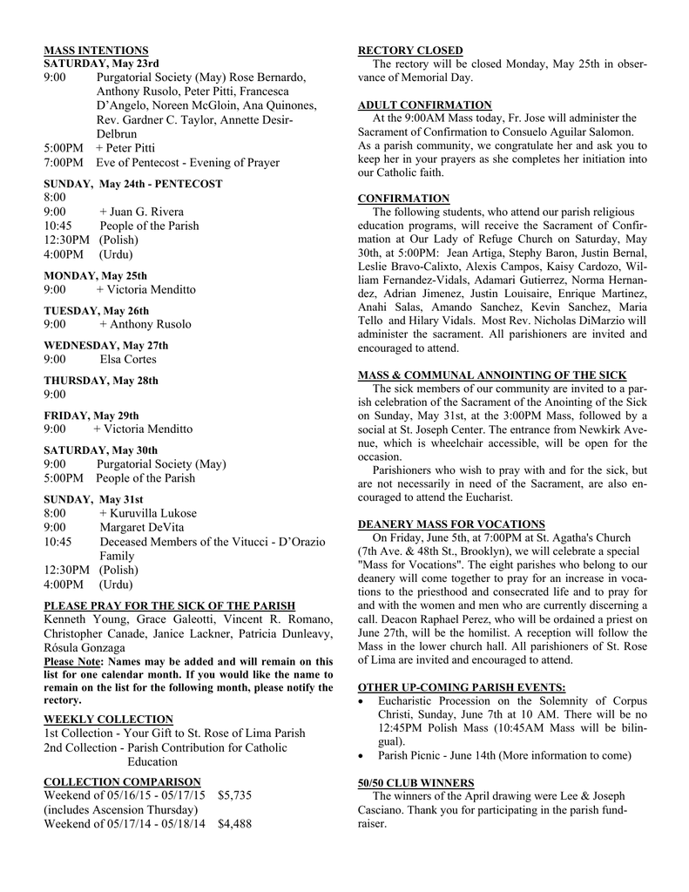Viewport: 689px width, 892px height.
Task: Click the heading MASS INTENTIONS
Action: [96, 51]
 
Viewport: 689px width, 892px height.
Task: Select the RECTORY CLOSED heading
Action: [410, 51]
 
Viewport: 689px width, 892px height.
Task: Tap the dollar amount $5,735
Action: [234, 795]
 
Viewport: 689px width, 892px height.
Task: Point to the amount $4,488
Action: [234, 823]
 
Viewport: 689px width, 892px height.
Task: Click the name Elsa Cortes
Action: [128, 359]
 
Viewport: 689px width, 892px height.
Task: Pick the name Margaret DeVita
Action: [142, 527]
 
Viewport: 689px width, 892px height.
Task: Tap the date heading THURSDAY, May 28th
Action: [101, 381]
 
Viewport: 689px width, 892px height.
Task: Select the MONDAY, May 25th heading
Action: [95, 275]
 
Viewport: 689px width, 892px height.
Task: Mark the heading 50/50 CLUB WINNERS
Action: [416, 782]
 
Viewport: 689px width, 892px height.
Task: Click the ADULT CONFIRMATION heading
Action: [425, 105]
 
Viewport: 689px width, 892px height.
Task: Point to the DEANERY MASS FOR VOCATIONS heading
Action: [451, 524]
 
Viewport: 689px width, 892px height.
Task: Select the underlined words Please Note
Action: [72, 661]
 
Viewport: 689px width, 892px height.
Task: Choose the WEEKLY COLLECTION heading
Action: [108, 719]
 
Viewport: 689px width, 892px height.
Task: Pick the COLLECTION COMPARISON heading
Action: [122, 781]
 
